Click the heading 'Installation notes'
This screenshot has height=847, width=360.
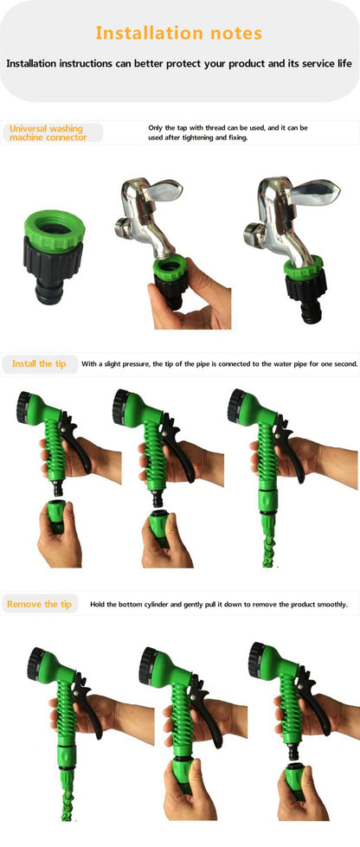(178, 34)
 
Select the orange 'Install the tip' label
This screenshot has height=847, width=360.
(39, 364)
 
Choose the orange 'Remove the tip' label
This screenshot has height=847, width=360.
(39, 604)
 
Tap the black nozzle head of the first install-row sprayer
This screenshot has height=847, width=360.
(29, 407)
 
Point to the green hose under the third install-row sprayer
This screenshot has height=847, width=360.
(269, 541)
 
